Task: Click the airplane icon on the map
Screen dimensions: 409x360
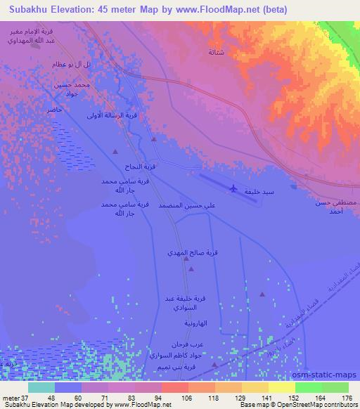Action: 233,188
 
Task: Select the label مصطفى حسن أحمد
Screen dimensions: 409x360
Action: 330,207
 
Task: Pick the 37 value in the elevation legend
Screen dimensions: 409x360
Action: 22,397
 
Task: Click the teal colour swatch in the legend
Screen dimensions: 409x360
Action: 41,387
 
